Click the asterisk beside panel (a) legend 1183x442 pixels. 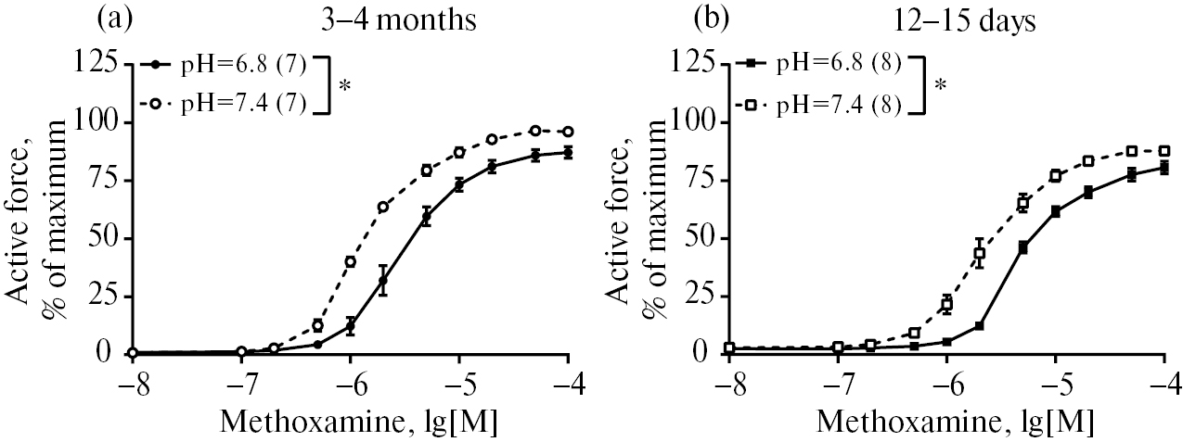coord(345,87)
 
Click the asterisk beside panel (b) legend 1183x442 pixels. coord(942,87)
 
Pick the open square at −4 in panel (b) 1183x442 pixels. coord(1164,151)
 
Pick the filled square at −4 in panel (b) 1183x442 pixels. coord(1164,168)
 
